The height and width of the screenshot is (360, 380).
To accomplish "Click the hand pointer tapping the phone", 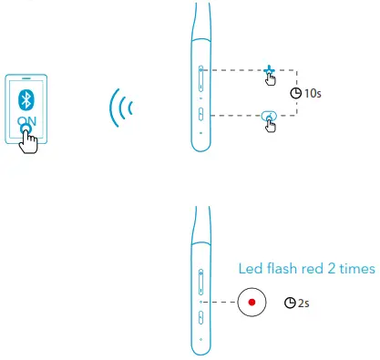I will click(x=31, y=139).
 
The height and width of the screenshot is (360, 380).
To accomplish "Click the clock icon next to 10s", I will click(x=294, y=93).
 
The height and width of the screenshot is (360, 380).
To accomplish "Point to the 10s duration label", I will click(x=312, y=93).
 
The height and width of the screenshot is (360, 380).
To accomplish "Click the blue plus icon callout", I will click(x=268, y=69).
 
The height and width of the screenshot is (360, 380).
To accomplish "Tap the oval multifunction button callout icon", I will click(x=268, y=115).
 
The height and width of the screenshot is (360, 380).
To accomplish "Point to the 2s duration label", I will click(x=303, y=302).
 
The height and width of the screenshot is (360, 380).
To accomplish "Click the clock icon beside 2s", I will click(x=291, y=302).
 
